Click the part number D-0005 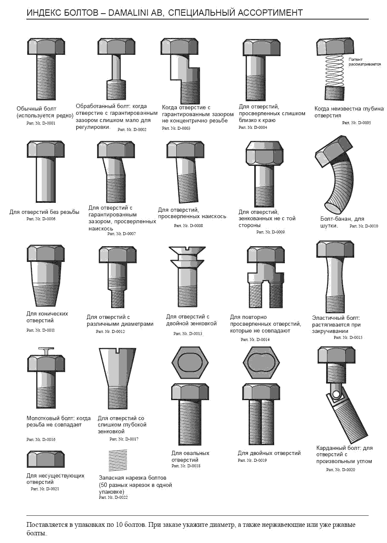click(356, 122)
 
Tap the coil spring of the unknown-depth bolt click(334, 70)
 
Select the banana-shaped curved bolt click(335, 174)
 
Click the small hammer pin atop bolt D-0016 click(46, 351)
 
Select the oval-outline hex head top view click(190, 363)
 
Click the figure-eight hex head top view click(261, 363)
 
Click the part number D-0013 click(188, 333)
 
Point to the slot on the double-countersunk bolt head click(187, 248)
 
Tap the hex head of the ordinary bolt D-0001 click(46, 46)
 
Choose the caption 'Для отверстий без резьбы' click(44, 212)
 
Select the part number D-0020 click(341, 469)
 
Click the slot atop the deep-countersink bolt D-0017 click(118, 350)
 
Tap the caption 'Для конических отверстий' click(47, 317)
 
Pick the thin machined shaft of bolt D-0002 click(116, 67)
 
